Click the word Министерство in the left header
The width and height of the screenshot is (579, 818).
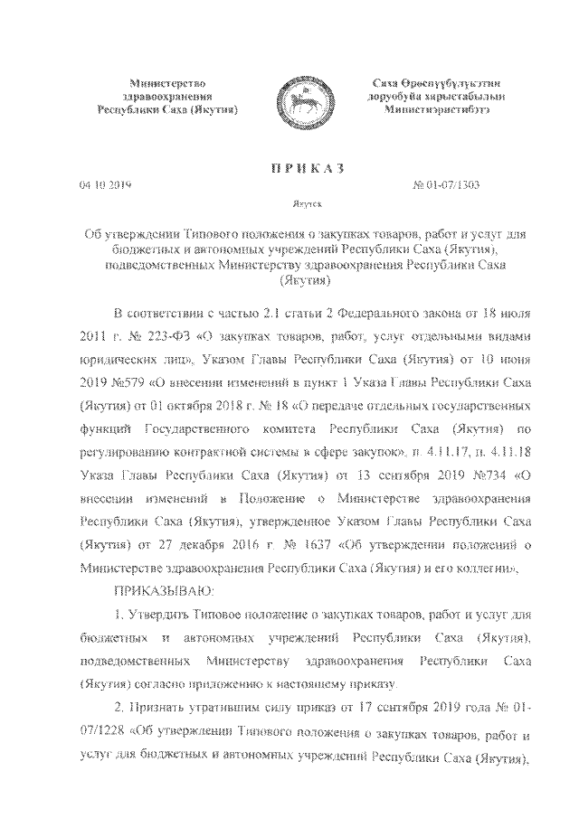pos(168,82)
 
